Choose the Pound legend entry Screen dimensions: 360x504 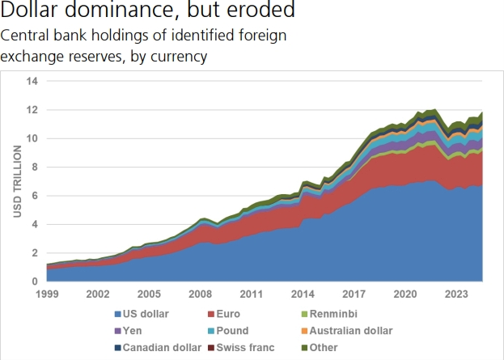coord(232,331)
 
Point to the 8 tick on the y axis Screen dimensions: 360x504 coord(35,167)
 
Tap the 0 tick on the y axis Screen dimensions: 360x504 coord(35,282)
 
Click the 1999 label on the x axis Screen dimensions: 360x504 coord(48,294)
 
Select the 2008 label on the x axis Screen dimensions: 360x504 coord(200,294)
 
